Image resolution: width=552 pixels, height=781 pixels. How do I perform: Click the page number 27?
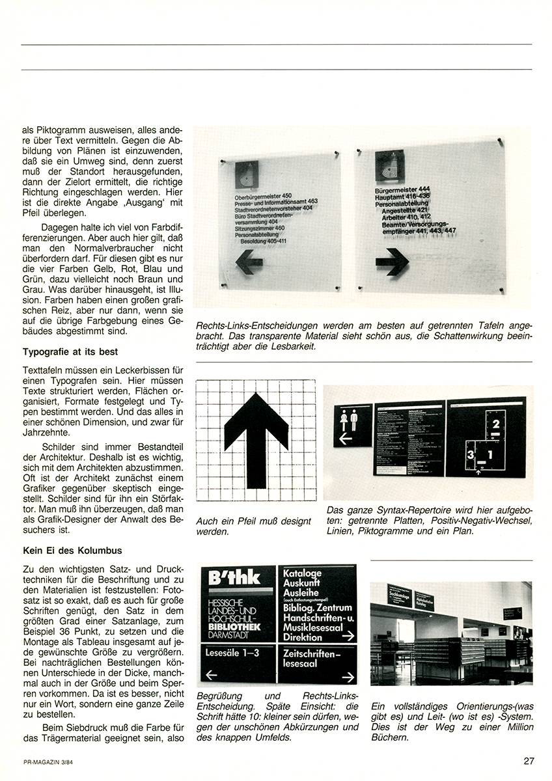coord(528,760)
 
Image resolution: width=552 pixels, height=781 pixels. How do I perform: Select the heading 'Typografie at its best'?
coord(70,352)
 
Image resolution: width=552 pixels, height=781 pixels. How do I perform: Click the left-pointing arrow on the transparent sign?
coord(249,262)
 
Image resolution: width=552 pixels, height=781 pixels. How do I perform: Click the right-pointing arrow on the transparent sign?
coord(392,262)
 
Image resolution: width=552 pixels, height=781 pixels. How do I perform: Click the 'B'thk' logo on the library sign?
coord(226,577)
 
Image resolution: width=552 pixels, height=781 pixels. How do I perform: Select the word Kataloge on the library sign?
coord(303,574)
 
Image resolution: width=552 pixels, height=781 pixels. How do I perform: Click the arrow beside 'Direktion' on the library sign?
coord(347,637)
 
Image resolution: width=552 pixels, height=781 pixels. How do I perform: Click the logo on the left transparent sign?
coord(247,174)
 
